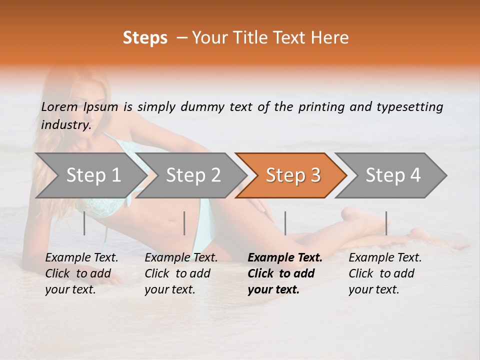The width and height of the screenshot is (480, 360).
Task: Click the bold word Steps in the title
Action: pyautogui.click(x=145, y=38)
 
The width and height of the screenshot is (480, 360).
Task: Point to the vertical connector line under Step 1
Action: pyautogui.click(x=84, y=223)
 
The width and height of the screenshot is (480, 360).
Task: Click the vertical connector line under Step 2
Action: pyautogui.click(x=184, y=223)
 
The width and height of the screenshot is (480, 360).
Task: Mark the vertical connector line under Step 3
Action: pyautogui.click(x=285, y=223)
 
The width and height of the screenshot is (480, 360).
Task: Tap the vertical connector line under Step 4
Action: pyautogui.click(x=386, y=223)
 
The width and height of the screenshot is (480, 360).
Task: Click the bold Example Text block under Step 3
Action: pyautogui.click(x=285, y=273)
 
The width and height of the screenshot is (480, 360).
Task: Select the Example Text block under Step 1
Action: pyautogui.click(x=81, y=273)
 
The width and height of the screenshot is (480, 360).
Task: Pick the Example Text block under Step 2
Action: pyautogui.click(x=181, y=273)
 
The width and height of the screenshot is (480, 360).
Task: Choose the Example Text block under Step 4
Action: pyautogui.click(x=385, y=273)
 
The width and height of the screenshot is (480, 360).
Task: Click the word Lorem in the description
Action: pyautogui.click(x=59, y=106)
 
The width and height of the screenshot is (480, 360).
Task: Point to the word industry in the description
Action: pyautogui.click(x=65, y=125)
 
